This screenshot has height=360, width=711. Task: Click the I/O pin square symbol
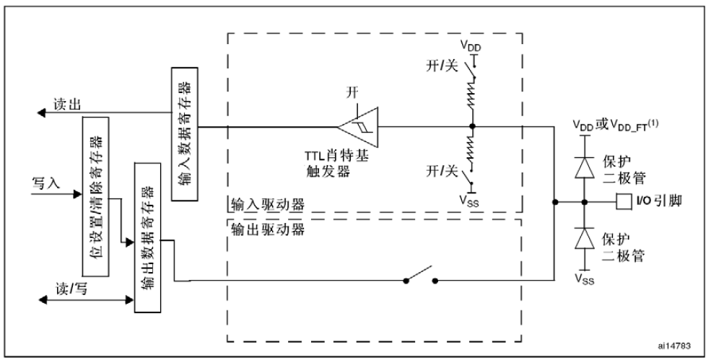(624, 199)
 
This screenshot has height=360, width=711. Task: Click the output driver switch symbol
(421, 279)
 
